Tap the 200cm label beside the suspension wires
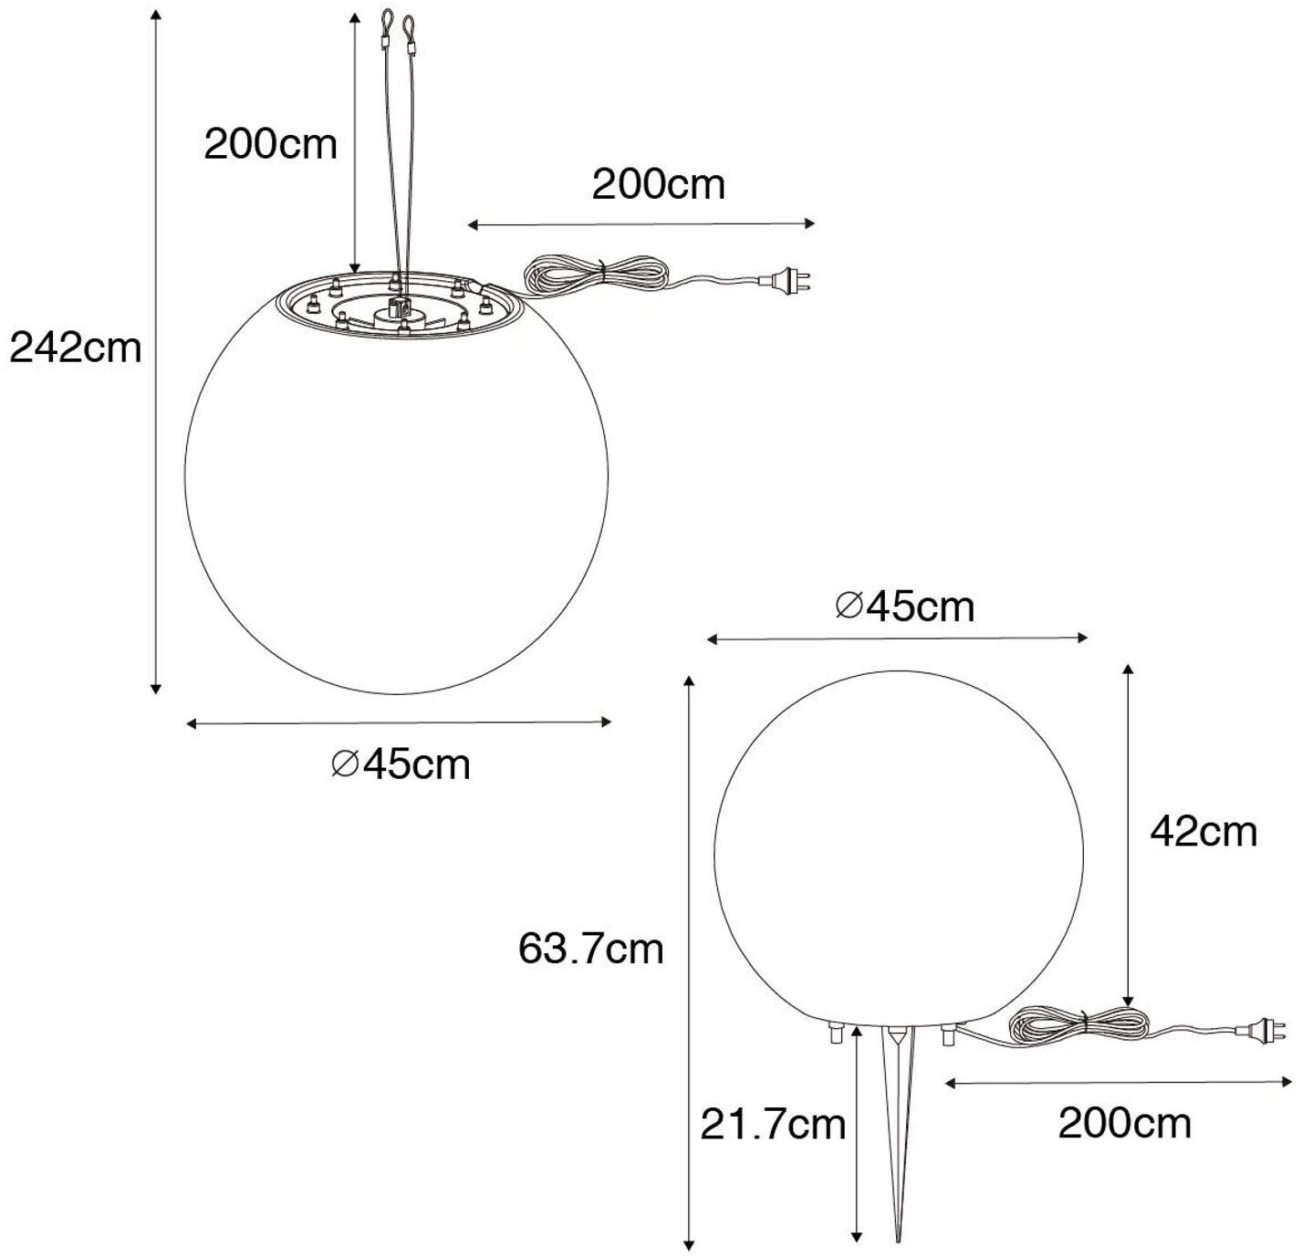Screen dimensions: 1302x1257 (x=270, y=144)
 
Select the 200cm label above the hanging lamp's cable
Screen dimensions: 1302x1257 (x=659, y=184)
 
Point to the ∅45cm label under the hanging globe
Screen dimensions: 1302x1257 (x=401, y=764)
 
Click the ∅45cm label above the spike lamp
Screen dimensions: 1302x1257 (x=905, y=607)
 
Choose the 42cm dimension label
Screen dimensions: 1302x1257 (x=1203, y=832)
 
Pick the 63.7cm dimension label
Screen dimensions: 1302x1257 (x=591, y=949)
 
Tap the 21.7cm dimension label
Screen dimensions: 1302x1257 (x=773, y=1125)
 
